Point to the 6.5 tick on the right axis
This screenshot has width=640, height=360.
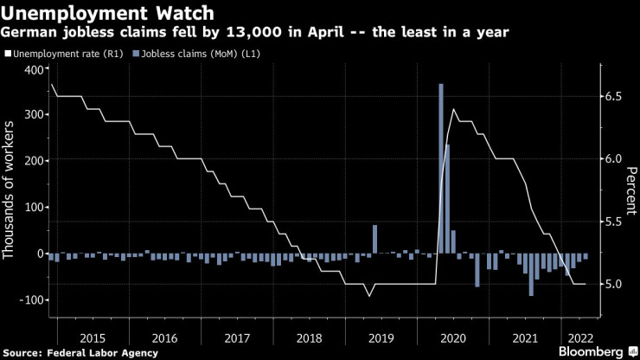pyautogui.click(x=613, y=96)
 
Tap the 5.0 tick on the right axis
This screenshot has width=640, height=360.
pyautogui.click(x=613, y=284)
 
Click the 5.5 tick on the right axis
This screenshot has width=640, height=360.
pyautogui.click(x=613, y=222)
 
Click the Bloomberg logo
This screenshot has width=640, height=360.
pyautogui.click(x=584, y=351)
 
